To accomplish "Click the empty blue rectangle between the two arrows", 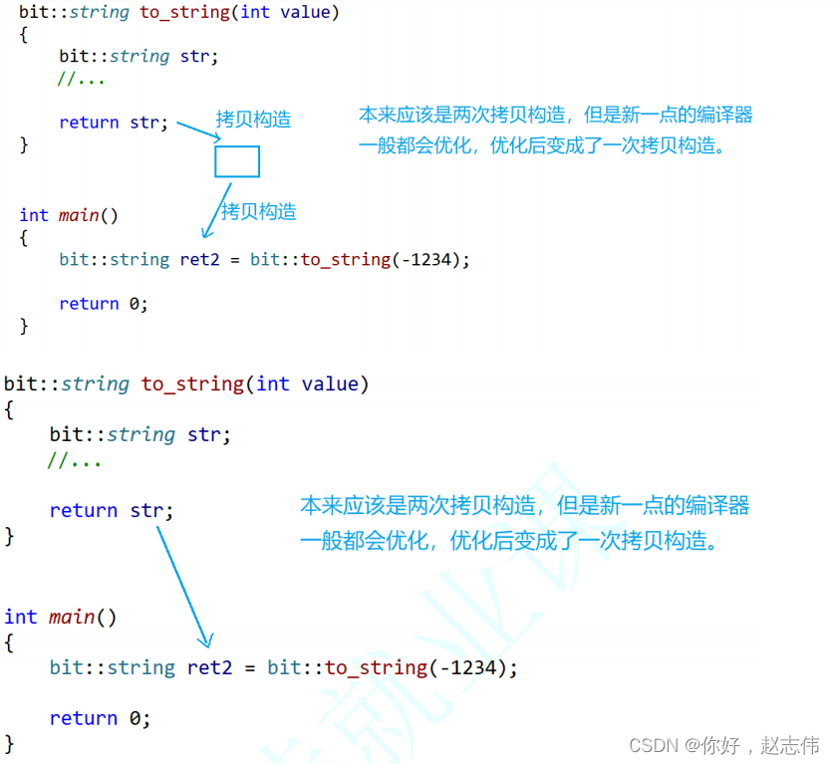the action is point(237,161).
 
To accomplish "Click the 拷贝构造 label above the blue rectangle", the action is point(254,120).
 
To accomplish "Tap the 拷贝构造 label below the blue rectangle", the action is point(259,211).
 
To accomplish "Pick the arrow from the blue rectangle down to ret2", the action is point(217,210).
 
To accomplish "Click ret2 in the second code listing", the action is point(209,667).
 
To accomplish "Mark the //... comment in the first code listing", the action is point(81,79).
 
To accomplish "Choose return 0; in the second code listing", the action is point(98,718).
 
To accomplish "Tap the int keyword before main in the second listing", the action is point(20,617).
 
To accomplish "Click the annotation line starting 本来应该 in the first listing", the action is point(555,116).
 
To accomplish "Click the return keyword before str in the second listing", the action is point(84,510).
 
